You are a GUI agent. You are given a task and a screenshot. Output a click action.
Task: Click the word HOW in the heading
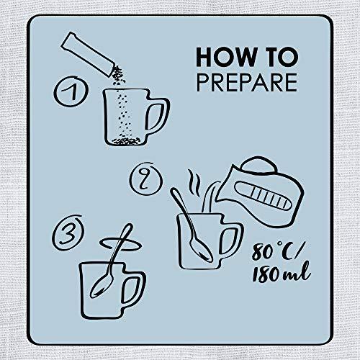[x=225, y=57]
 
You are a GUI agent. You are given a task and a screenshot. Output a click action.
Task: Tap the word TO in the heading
[x=279, y=57]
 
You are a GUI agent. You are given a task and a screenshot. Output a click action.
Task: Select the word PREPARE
[x=247, y=82]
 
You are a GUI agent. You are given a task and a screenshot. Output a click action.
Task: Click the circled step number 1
[x=71, y=91]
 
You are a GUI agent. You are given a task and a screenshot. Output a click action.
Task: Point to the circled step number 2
[x=146, y=179]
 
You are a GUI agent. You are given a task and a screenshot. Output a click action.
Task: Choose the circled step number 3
[x=68, y=233]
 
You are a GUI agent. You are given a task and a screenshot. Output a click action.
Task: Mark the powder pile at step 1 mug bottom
[x=126, y=141]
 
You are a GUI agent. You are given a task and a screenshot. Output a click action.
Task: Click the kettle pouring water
[x=261, y=192]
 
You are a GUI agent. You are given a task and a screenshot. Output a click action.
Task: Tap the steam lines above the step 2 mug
[x=195, y=183]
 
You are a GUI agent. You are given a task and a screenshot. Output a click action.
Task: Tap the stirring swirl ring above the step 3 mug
[x=120, y=244]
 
